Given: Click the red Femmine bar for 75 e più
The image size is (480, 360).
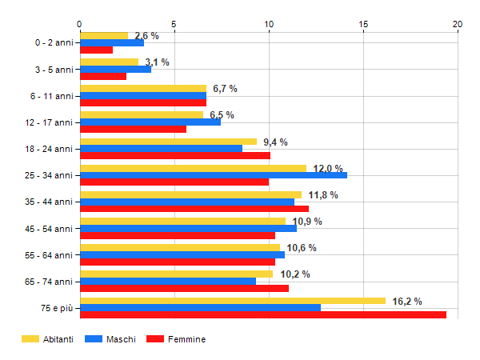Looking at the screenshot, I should pos(263,315).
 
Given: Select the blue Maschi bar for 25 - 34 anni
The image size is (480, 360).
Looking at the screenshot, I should pos(214,175).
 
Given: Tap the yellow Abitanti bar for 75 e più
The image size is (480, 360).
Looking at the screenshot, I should pos(233,301).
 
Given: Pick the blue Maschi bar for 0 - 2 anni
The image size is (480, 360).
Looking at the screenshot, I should pos(112,42).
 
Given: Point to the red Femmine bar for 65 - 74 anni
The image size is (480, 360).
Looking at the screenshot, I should pos(184,289).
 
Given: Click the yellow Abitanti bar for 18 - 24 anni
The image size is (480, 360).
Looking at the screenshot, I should pos(168,142).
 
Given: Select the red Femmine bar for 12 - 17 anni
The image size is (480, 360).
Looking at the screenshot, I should pos(133,129).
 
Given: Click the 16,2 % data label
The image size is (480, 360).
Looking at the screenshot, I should pos(407,301).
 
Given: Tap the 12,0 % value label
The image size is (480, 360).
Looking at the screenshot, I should pos(328,168).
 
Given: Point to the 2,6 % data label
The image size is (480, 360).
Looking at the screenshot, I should pos(146,36).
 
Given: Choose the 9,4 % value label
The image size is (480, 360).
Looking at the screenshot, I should pos(275,142).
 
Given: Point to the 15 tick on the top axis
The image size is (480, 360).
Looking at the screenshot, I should pos(363,23).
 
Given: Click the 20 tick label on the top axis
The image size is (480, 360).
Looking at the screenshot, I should pos(458,23).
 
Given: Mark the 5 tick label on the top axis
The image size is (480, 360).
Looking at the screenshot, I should pos(174,23).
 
